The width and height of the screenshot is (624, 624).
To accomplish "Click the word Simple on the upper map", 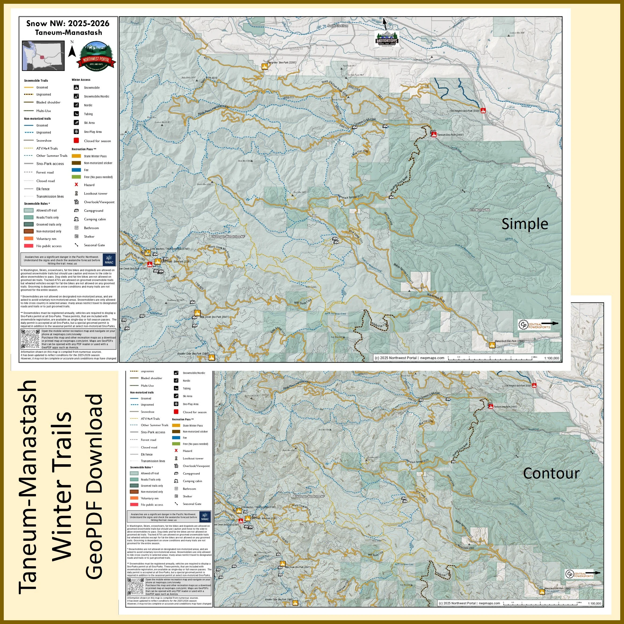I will [525, 224].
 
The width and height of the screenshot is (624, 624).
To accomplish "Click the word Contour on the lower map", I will [551, 473].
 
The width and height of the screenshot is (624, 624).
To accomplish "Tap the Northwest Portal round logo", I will [95, 56].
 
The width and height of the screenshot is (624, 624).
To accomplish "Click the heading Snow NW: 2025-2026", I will [68, 23].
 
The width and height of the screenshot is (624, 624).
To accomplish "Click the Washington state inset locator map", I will [43, 55].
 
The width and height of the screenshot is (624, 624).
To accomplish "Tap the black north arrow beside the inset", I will [72, 51].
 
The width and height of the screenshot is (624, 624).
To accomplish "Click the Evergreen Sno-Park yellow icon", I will [264, 67].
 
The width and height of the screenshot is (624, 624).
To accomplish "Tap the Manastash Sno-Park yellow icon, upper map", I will [492, 345].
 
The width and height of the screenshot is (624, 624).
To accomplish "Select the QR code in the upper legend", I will [30, 339].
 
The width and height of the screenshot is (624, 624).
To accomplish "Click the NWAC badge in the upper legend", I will [109, 259].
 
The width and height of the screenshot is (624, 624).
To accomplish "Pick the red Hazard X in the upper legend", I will [77, 185].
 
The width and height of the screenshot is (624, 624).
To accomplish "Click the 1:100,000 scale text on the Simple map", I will [551, 358].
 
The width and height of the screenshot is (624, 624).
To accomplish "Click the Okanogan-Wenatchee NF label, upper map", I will [228, 237].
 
